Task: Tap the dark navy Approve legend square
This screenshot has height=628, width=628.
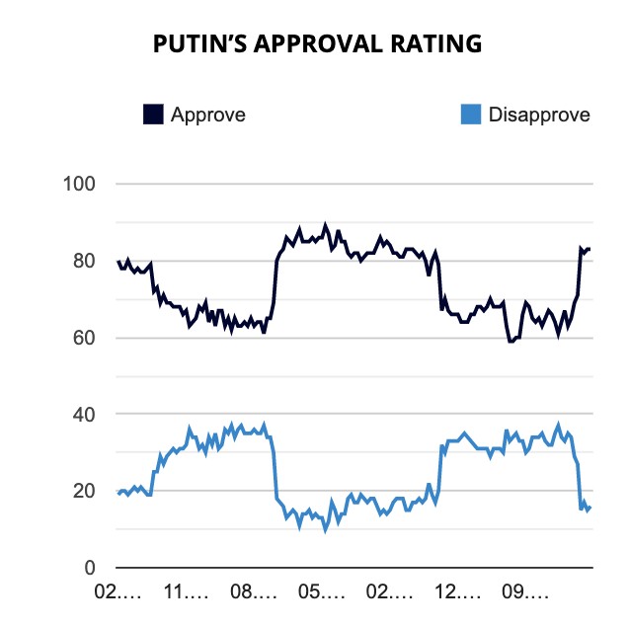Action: coord(153,115)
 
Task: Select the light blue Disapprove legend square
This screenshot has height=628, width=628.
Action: coord(471,115)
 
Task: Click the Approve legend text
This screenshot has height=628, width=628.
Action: coord(208,115)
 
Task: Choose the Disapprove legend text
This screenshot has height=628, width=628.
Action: coord(539,115)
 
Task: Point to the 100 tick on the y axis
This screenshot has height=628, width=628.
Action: coord(78,185)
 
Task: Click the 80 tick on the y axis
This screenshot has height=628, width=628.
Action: coord(83,262)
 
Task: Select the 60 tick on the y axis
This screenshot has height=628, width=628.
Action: coord(83,338)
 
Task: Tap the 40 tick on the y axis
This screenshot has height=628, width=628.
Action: coord(83,415)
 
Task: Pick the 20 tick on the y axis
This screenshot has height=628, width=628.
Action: coord(83,491)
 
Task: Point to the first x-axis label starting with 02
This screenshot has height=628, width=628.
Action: coord(118,594)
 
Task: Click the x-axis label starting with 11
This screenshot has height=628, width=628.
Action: coord(186,594)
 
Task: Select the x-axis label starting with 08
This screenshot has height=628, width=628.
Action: coord(254,594)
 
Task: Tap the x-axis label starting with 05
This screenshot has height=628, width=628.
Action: coord(322,594)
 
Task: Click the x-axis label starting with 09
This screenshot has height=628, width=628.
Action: coord(526,594)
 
